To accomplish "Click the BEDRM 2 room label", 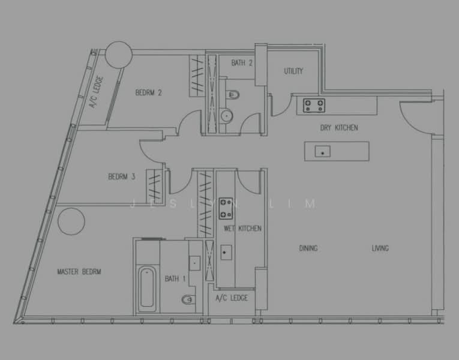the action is [148, 93].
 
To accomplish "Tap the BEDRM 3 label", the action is [121, 177].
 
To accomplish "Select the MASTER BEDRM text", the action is [79, 272].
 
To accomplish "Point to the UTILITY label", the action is [293, 71].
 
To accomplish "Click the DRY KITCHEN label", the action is [339, 128].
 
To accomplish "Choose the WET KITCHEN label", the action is [242, 228].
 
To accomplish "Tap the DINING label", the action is [308, 248].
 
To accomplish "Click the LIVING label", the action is [380, 248].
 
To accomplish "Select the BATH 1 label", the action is [175, 278].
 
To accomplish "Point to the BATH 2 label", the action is [242, 62].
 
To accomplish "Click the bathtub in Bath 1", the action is [147, 289].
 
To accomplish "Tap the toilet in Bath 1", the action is [188, 299].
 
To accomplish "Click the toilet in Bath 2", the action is [233, 95].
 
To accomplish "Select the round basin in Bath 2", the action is [226, 116].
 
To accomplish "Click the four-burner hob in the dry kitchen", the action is [314, 106].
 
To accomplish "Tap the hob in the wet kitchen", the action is [226, 208].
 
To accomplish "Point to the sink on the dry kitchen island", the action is [323, 151].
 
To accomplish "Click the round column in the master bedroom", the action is [71, 221].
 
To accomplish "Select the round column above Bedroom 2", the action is [119, 55].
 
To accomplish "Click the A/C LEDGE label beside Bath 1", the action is [232, 298].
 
